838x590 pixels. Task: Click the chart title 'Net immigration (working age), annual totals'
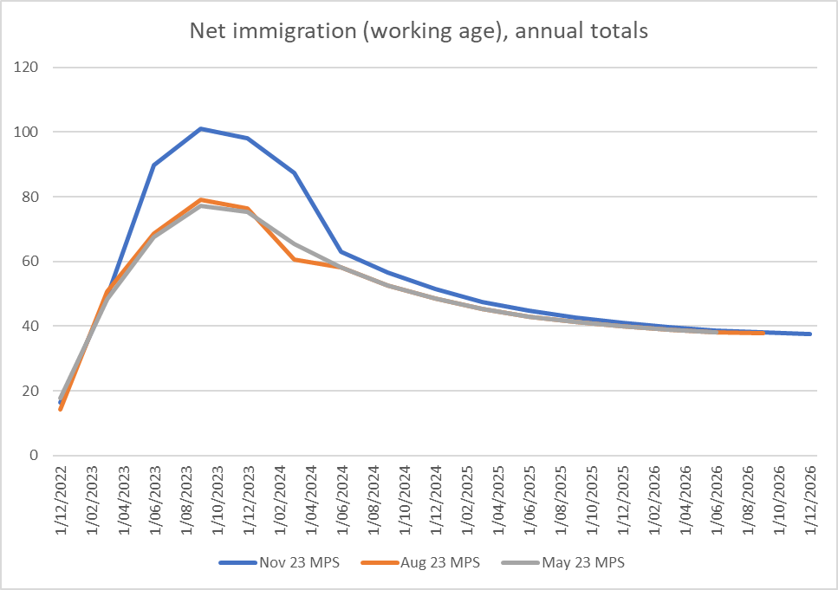[419, 32]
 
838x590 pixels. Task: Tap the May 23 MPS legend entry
[564, 562]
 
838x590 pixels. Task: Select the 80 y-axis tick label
[31, 197]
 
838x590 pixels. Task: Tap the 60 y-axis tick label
[31, 262]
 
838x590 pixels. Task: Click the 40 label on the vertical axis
[31, 326]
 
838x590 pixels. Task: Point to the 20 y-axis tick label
[31, 391]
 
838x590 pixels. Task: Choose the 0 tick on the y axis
[35, 455]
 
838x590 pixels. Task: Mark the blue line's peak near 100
[200, 128]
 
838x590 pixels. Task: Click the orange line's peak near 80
[200, 199]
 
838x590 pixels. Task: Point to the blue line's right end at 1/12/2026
[810, 334]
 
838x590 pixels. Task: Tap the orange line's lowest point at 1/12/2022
[61, 409]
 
